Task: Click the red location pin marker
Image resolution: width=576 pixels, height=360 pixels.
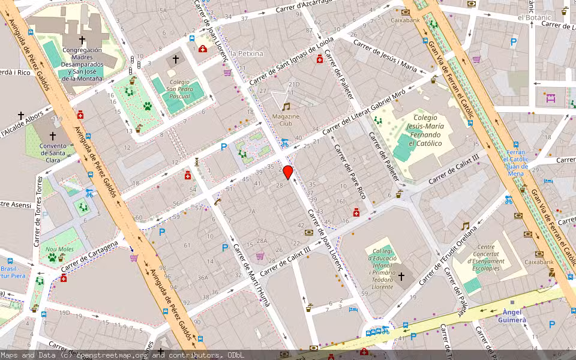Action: pyautogui.click(x=288, y=172)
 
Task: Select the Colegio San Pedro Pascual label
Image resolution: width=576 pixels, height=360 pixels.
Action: pyautogui.click(x=179, y=88)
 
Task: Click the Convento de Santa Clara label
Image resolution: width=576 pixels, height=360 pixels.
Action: pyautogui.click(x=52, y=152)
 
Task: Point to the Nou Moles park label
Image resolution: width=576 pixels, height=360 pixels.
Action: pyautogui.click(x=59, y=249)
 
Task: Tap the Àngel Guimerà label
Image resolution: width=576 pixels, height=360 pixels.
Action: pyautogui.click(x=512, y=316)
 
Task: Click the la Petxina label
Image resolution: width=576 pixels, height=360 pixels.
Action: pyautogui.click(x=247, y=53)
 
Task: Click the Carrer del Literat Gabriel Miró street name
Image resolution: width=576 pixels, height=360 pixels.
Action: pyautogui.click(x=364, y=113)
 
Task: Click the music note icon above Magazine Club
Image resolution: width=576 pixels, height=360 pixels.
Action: pyautogui.click(x=286, y=106)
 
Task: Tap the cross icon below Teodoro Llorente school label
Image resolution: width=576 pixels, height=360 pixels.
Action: pyautogui.click(x=401, y=277)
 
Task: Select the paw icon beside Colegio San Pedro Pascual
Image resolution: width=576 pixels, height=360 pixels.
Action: pyautogui.click(x=147, y=106)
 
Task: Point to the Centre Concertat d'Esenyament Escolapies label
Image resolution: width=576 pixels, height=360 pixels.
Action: pyautogui.click(x=487, y=257)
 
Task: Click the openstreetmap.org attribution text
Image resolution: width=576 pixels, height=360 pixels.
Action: pyautogui.click(x=113, y=355)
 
